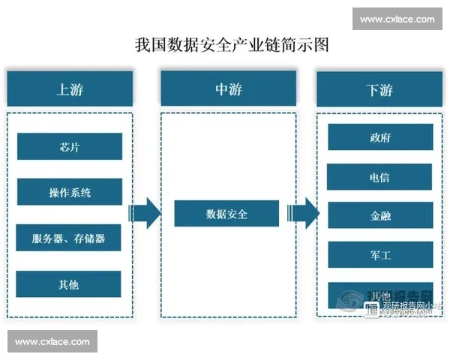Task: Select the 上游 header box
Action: click(70, 90)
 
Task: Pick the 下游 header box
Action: click(379, 90)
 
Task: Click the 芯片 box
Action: click(69, 147)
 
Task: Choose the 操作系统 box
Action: click(69, 192)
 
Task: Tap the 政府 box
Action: click(379, 138)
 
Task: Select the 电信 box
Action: click(379, 178)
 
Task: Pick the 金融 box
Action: click(379, 216)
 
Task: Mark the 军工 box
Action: click(379, 255)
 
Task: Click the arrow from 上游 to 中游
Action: click(145, 214)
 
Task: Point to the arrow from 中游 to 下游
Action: click(304, 214)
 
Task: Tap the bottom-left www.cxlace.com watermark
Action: click(52, 342)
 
